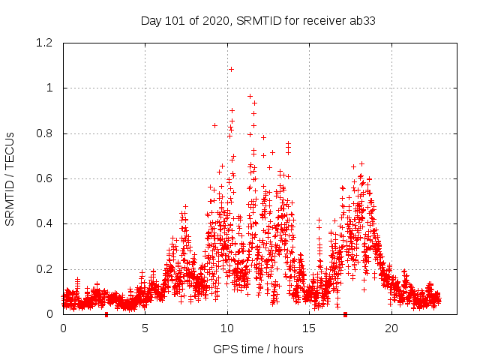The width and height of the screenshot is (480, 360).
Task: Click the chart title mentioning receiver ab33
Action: pos(258,20)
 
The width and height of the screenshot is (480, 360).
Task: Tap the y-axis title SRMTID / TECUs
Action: pos(10,179)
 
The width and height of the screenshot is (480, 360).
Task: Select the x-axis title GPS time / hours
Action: pos(258,349)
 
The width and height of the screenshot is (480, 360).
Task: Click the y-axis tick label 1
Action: pos(49,88)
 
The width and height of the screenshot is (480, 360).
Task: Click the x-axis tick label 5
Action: pos(145,328)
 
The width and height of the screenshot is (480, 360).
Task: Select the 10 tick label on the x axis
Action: pos(227,328)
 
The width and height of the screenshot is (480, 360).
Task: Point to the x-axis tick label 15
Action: pos(310,328)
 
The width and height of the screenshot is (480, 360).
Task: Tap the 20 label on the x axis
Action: pos(391,328)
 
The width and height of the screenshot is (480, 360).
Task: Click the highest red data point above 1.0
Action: pos(231,69)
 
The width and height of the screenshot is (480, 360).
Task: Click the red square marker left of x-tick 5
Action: pos(106,313)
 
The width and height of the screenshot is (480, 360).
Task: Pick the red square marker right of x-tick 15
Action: pos(345,313)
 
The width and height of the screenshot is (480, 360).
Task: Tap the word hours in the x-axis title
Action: pos(288,349)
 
